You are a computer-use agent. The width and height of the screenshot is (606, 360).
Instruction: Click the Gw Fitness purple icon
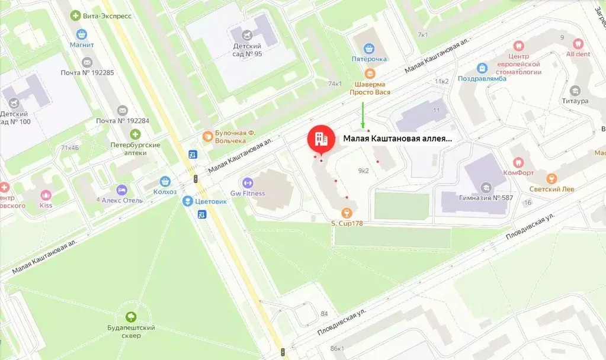click(x=247, y=182)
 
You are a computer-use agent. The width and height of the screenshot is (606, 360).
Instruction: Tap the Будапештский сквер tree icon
click(x=130, y=316)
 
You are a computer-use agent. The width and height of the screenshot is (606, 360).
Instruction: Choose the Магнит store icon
click(x=81, y=34)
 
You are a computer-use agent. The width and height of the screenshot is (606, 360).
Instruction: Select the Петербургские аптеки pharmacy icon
click(x=136, y=134)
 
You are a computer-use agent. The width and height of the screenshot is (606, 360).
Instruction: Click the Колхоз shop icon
click(x=166, y=181)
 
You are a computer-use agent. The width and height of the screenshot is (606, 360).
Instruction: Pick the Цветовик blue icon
click(x=187, y=200)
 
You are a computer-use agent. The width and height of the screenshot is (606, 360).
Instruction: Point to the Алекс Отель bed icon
click(x=122, y=190)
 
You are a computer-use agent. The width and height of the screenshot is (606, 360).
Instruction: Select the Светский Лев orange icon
click(x=552, y=178)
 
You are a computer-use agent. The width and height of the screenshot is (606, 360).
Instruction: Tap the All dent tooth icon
click(x=578, y=43)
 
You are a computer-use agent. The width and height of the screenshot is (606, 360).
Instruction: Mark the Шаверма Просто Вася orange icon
click(x=370, y=73)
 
